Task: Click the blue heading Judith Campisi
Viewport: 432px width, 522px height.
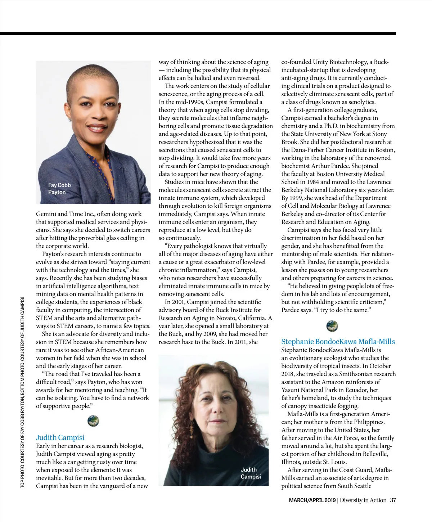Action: tap(60, 437)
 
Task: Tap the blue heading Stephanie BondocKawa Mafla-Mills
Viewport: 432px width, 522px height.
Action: tap(338, 342)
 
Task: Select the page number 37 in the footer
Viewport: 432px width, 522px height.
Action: tap(393, 500)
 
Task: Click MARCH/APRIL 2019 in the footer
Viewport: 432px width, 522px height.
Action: tap(312, 500)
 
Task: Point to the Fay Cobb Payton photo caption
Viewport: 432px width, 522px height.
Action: tap(59, 188)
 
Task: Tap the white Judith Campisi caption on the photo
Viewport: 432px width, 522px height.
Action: tap(251, 473)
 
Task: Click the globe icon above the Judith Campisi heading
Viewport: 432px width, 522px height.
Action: tap(93, 420)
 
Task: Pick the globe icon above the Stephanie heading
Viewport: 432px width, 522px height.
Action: tap(332, 326)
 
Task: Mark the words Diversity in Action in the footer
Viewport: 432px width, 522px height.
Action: tap(363, 500)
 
